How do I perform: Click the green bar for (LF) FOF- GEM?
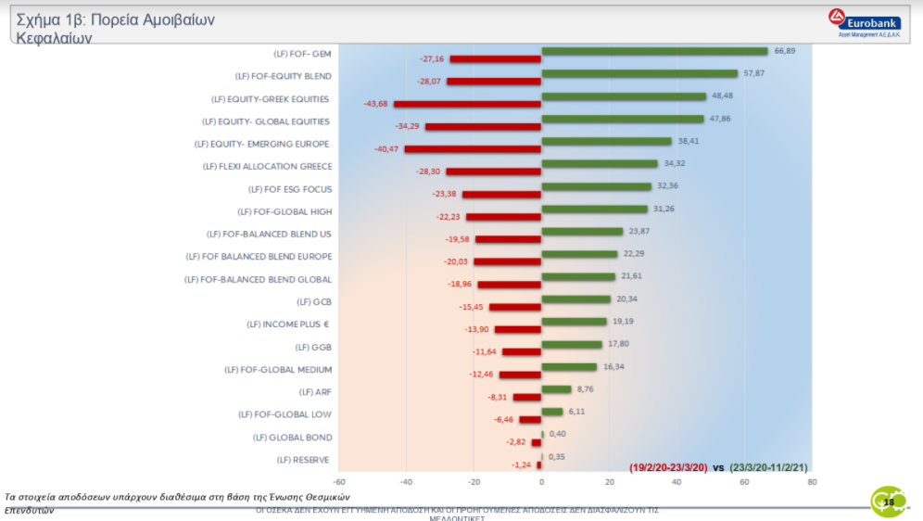click(654, 52)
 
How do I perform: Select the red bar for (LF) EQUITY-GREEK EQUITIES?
click(467, 104)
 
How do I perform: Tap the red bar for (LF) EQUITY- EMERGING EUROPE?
click(473, 149)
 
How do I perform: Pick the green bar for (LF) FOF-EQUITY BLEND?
click(639, 74)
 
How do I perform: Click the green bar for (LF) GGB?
click(572, 345)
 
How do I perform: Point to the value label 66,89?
click(785, 51)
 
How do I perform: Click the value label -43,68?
click(375, 104)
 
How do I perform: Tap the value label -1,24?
click(521, 464)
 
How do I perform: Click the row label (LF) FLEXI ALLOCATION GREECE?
click(267, 167)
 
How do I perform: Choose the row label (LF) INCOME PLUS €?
click(288, 324)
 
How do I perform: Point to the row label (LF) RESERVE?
click(304, 460)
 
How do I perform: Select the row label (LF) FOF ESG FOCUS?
click(291, 189)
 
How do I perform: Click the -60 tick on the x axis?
click(339, 482)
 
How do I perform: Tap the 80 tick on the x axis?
click(812, 482)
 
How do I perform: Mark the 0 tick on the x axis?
click(541, 482)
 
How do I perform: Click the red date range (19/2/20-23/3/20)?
click(668, 468)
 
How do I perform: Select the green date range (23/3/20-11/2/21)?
click(768, 468)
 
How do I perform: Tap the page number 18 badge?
click(888, 502)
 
